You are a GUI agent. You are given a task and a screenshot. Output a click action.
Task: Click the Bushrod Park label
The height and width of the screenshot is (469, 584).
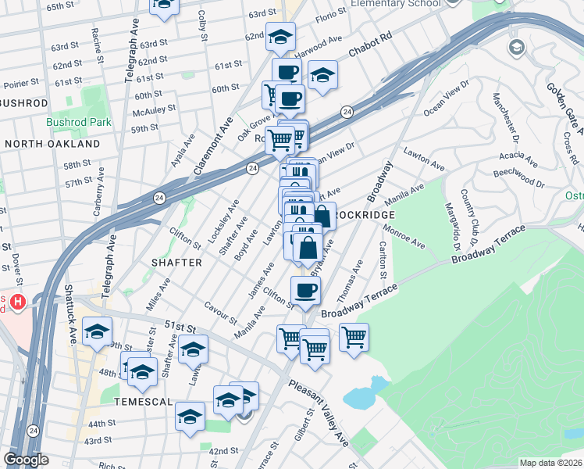coord(79,122)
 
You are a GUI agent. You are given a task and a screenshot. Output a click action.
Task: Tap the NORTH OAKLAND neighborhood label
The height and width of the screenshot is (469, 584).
coord(52,144)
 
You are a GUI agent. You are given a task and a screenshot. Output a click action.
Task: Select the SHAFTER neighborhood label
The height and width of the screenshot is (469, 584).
coord(176,263)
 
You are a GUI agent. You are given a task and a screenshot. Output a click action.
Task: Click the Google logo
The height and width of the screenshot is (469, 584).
coord(26,460)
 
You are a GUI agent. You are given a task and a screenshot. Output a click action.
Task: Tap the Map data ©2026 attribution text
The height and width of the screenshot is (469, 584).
coord(551,463)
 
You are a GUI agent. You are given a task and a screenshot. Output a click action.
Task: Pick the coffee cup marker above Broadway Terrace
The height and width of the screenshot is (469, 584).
coord(306,291)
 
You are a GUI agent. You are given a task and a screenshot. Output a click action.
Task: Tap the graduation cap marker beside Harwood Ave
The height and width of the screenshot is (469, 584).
coord(322,75)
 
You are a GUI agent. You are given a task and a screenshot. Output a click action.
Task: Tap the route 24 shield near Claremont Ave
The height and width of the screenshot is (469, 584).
coord(252,167)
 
